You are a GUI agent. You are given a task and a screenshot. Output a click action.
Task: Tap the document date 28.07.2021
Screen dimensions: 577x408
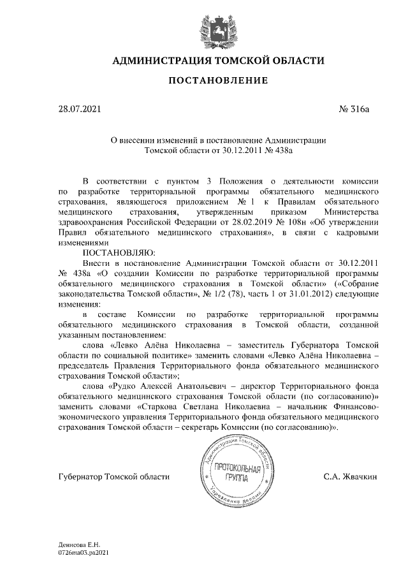(79, 110)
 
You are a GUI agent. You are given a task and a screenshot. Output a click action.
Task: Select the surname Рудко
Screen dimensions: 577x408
(124, 384)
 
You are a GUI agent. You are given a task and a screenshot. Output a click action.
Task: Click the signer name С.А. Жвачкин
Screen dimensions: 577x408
(351, 476)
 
